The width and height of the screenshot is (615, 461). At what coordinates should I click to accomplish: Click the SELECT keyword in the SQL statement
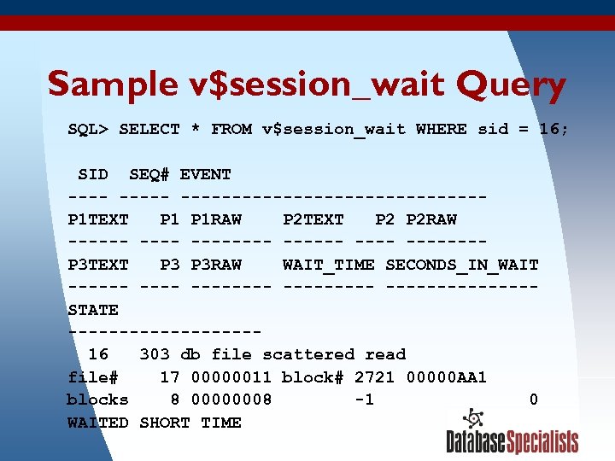pyautogui.click(x=149, y=130)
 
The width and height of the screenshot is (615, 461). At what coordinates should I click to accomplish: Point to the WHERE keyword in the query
pyautogui.click(x=442, y=130)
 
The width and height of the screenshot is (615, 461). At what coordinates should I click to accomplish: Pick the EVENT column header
pyautogui.click(x=206, y=174)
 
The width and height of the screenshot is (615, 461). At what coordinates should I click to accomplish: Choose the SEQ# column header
pyautogui.click(x=149, y=174)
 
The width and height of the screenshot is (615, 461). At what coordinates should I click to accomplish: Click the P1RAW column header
pyautogui.click(x=216, y=219)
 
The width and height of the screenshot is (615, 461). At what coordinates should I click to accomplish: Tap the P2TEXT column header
pyautogui.click(x=313, y=219)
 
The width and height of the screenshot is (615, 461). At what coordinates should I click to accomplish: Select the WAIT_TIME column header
pyautogui.click(x=328, y=265)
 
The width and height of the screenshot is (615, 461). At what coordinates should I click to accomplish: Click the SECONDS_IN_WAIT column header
pyautogui.click(x=462, y=265)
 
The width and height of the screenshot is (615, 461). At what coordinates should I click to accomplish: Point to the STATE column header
pyautogui.click(x=93, y=309)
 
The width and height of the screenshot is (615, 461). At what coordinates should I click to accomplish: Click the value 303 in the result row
pyautogui.click(x=155, y=354)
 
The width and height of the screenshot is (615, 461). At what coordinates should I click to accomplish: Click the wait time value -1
pyautogui.click(x=364, y=400)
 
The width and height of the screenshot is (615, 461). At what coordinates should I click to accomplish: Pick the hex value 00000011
pyautogui.click(x=231, y=377)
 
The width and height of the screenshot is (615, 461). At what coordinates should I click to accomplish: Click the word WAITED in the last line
pyautogui.click(x=98, y=423)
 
